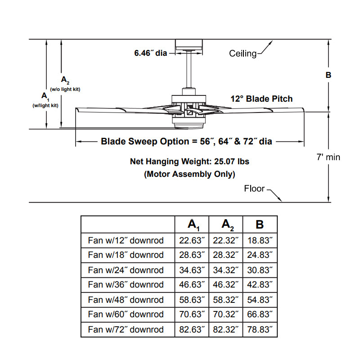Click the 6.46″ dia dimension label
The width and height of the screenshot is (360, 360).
click(x=150, y=53)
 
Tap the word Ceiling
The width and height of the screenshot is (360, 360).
click(x=243, y=54)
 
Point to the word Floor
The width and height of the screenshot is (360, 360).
click(x=254, y=189)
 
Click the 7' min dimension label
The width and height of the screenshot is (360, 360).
click(x=328, y=157)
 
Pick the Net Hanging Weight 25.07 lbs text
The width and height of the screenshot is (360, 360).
click(x=189, y=161)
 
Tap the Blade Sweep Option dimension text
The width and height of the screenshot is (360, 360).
click(x=186, y=141)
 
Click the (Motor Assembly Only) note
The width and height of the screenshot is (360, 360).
click(x=189, y=174)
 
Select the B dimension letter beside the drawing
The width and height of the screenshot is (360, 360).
click(x=328, y=75)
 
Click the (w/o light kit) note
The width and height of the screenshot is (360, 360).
click(x=65, y=89)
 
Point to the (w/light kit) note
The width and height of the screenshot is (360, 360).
click(x=45, y=105)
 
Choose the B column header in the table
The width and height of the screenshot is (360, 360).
click(x=260, y=224)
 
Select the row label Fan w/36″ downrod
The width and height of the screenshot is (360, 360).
click(x=126, y=284)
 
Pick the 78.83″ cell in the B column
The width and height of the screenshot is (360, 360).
click(x=260, y=329)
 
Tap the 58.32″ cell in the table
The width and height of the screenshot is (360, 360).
click(x=226, y=300)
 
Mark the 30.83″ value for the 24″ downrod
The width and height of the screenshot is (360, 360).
click(x=260, y=270)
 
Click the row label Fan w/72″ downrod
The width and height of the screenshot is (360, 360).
click(x=126, y=329)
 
